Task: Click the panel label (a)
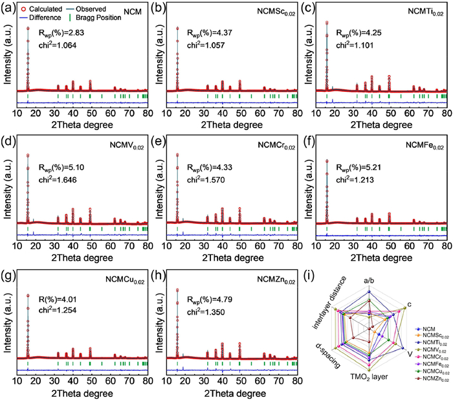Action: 7,8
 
